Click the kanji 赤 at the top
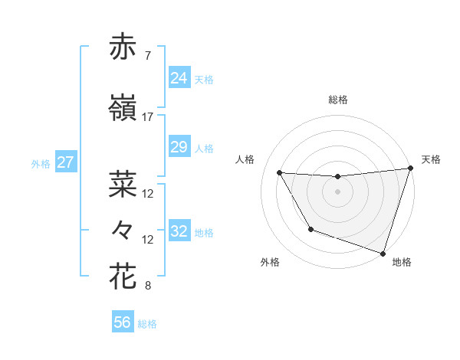(123, 47)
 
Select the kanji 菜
(123, 185)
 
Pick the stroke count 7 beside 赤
(147, 56)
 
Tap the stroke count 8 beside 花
(147, 286)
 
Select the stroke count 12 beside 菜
(148, 194)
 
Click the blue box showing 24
(179, 78)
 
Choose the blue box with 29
(179, 147)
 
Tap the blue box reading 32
(179, 231)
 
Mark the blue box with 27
(66, 162)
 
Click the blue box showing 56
(122, 322)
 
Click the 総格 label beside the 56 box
(147, 324)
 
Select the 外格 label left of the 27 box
(41, 164)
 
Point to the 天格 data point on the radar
(410, 169)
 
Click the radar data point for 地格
(383, 253)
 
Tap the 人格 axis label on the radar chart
(245, 159)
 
